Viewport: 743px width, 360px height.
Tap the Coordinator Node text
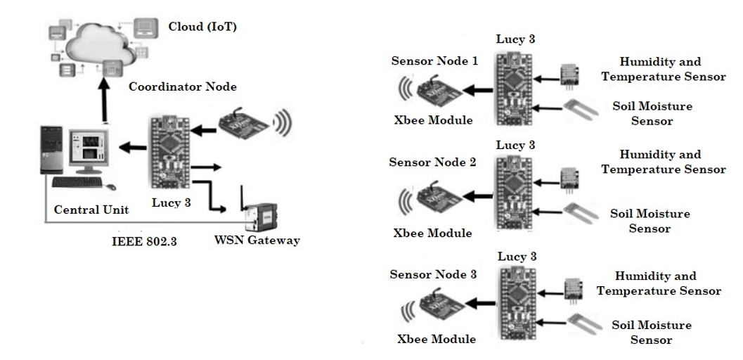pos(183,87)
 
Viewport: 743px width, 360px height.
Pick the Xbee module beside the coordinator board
pos(242,123)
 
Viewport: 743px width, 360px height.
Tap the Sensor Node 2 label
pos(433,162)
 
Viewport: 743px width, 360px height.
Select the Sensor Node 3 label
pos(433,274)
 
